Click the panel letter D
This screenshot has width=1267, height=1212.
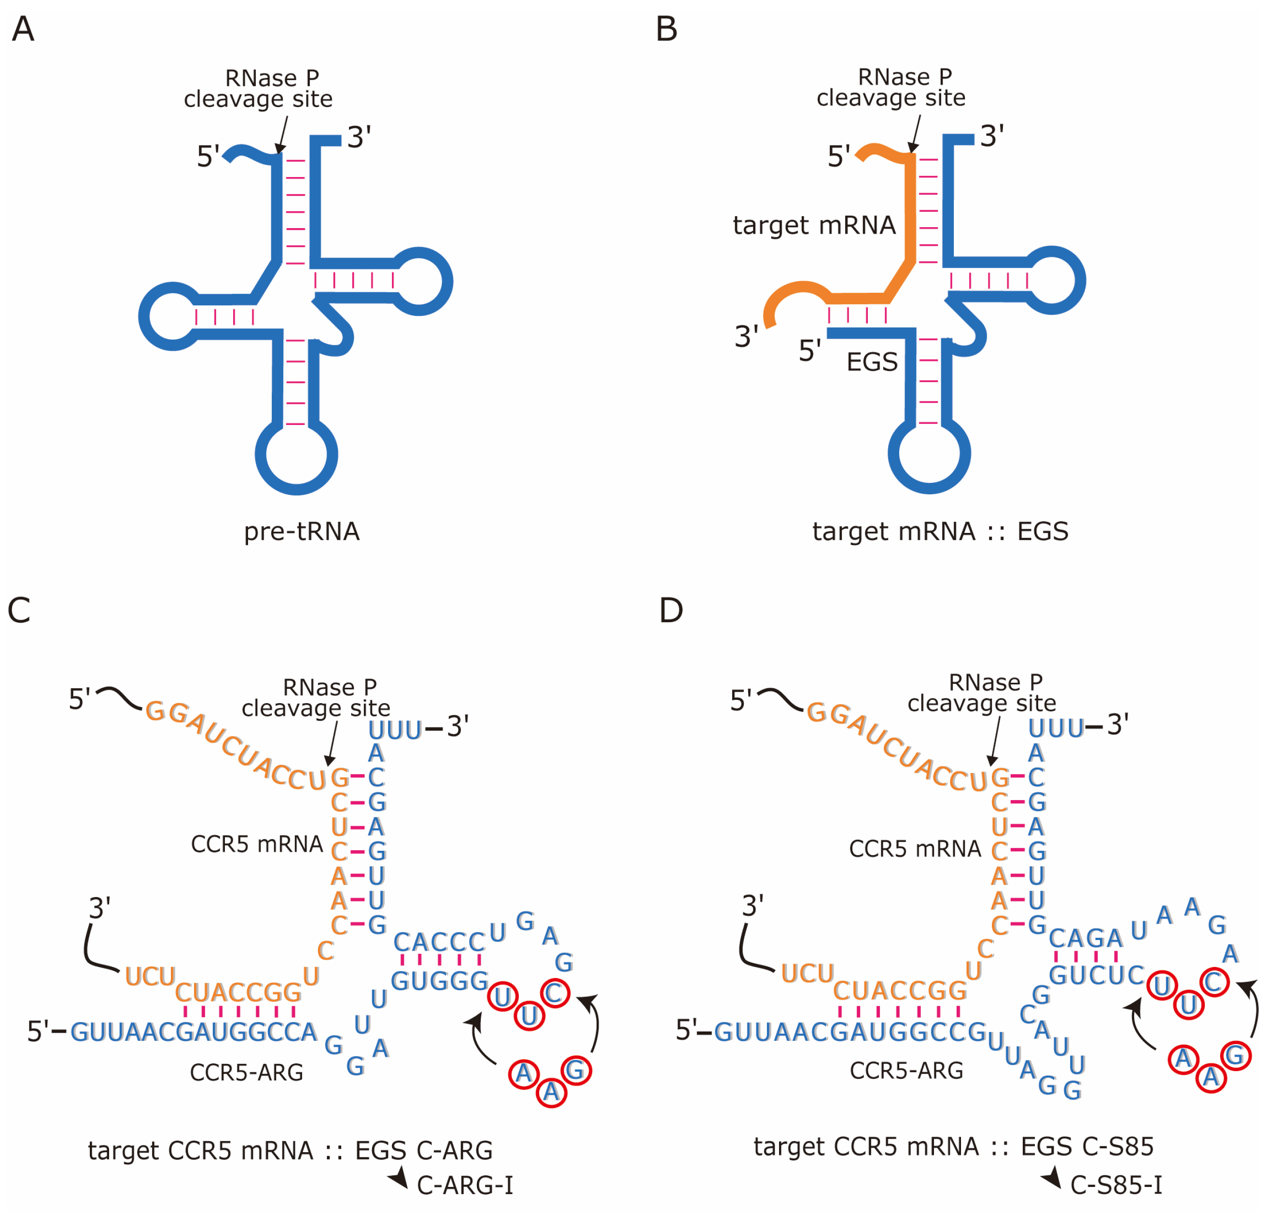pyautogui.click(x=671, y=611)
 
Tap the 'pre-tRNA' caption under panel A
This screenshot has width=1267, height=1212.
pyautogui.click(x=302, y=531)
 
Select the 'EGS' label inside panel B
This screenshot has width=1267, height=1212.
pyautogui.click(x=872, y=362)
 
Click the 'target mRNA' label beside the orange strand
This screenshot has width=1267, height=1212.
pyautogui.click(x=814, y=226)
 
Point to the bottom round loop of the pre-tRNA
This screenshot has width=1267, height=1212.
pyautogui.click(x=296, y=455)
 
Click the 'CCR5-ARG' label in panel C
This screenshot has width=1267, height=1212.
pyautogui.click(x=246, y=1073)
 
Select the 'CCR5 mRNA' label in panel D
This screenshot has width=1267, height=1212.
pyautogui.click(x=915, y=849)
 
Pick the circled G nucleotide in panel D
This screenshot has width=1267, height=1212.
pyautogui.click(x=1235, y=1056)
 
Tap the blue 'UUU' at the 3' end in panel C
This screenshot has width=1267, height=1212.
pyautogui.click(x=395, y=731)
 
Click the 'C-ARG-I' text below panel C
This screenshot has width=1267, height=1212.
pyautogui.click(x=465, y=1185)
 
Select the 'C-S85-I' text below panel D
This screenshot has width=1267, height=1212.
pyautogui.click(x=1116, y=1185)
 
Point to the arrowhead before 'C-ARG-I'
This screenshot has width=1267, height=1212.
pyautogui.click(x=400, y=1178)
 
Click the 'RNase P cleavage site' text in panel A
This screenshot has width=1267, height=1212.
pyautogui.click(x=259, y=89)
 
